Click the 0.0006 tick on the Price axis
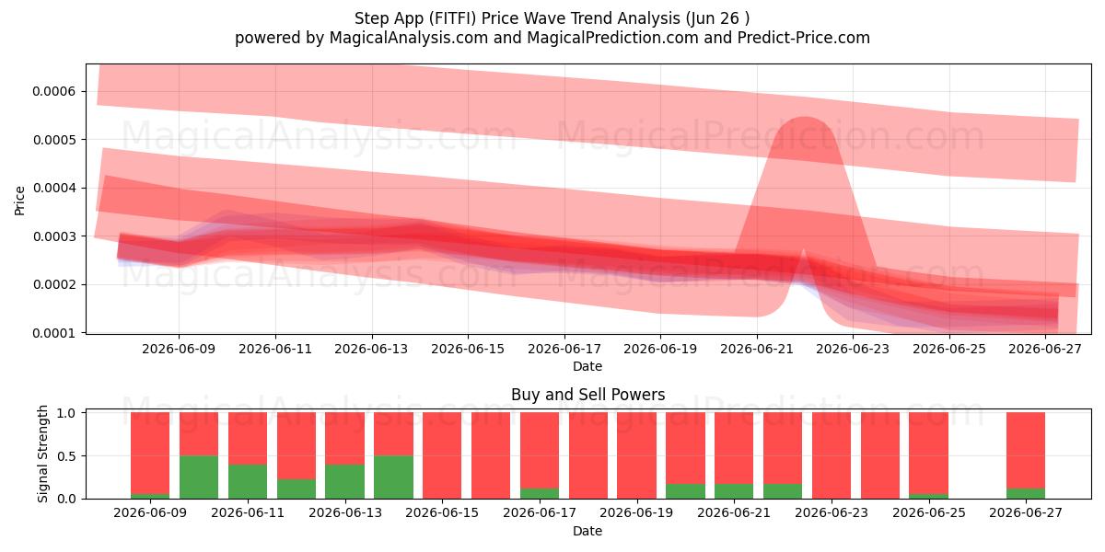(54, 92)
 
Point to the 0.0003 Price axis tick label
(54, 236)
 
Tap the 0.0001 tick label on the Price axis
(54, 334)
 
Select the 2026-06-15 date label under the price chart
(468, 349)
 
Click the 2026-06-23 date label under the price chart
(853, 349)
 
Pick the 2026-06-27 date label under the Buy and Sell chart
(1026, 512)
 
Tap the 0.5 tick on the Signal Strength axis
(66, 456)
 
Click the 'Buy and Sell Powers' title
(588, 395)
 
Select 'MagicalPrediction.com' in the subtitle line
(612, 38)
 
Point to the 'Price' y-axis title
(19, 201)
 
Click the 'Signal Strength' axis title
(43, 454)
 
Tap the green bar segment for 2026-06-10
(199, 477)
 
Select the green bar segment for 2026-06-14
(394, 477)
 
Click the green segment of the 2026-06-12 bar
(297, 489)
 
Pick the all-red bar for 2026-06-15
(442, 455)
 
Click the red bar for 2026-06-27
(1026, 451)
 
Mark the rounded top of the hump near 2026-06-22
(805, 118)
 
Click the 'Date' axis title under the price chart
(587, 367)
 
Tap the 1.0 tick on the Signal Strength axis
(66, 413)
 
